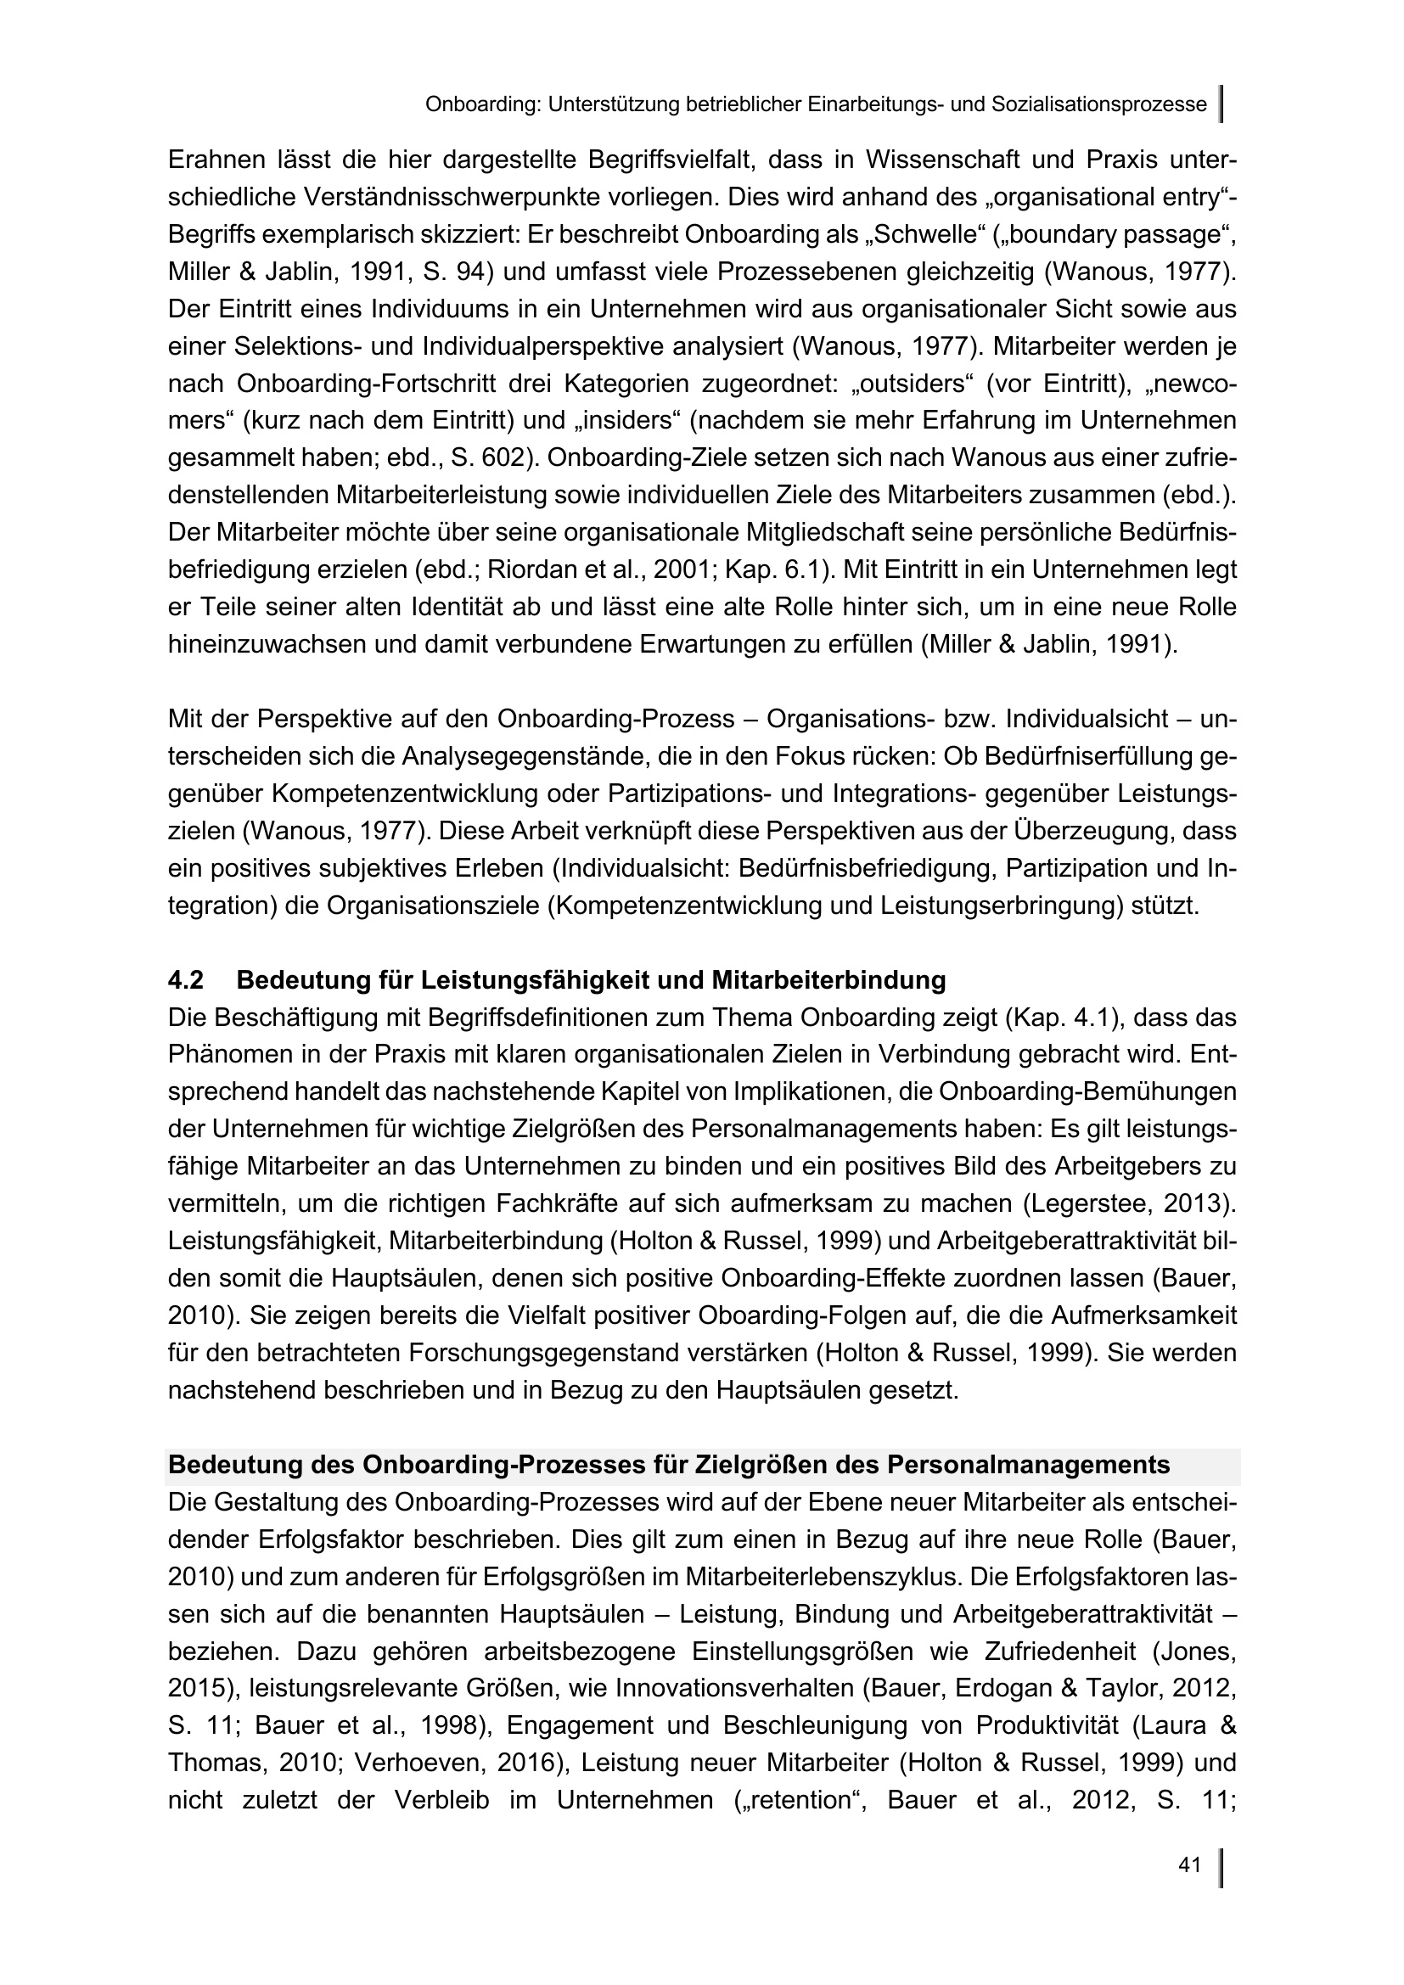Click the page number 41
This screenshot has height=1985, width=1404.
1189,1865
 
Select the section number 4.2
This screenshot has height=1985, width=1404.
186,980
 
